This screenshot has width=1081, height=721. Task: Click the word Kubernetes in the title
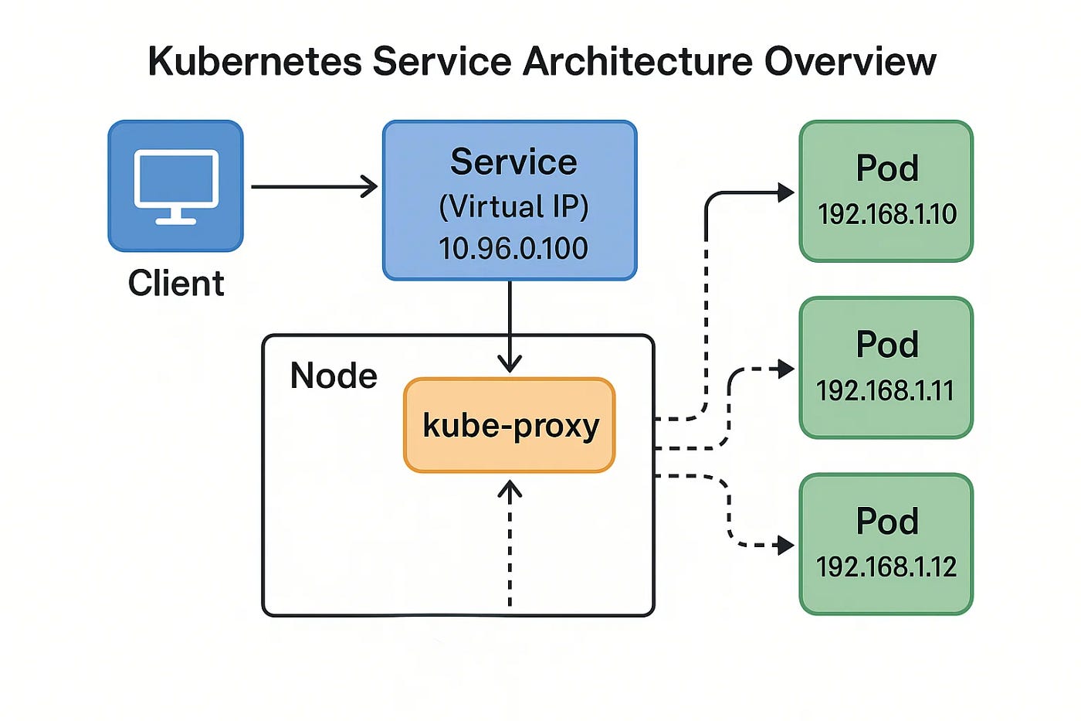tap(254, 62)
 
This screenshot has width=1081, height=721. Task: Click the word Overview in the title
tap(850, 62)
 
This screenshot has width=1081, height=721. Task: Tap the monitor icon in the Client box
tap(176, 186)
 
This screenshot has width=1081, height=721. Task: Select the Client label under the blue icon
tap(176, 284)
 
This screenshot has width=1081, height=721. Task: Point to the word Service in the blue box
tap(513, 162)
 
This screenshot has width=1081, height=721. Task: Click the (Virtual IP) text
tap(513, 206)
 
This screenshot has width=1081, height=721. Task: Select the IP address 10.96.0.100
tap(513, 248)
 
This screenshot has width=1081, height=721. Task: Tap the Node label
tap(334, 376)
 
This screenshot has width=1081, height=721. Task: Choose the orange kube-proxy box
tap(510, 425)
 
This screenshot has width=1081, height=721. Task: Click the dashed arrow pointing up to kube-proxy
tap(510, 541)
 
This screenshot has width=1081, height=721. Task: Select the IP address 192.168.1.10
tap(886, 214)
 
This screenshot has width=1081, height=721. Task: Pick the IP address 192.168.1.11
tap(885, 391)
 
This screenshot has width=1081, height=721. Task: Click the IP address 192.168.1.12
tap(886, 567)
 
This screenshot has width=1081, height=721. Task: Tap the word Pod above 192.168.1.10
tap(887, 168)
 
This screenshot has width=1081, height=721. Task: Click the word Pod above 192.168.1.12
tap(887, 522)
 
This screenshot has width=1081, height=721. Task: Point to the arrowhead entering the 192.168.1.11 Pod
tap(786, 369)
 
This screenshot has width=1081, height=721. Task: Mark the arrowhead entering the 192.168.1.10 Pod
tap(786, 192)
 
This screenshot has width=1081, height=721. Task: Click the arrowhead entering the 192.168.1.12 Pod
tap(786, 546)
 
